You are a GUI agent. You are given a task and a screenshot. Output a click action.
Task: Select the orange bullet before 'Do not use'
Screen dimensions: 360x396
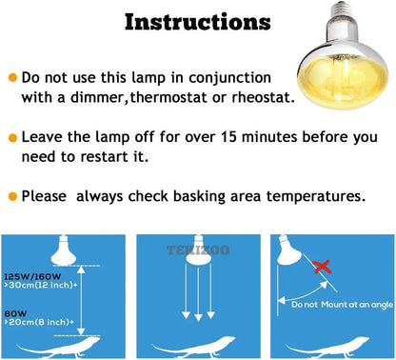point(12,76)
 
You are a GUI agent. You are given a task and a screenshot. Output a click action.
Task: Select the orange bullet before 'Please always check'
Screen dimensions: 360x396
point(12,196)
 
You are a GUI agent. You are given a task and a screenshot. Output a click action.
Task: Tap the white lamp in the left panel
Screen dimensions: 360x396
point(69,250)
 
